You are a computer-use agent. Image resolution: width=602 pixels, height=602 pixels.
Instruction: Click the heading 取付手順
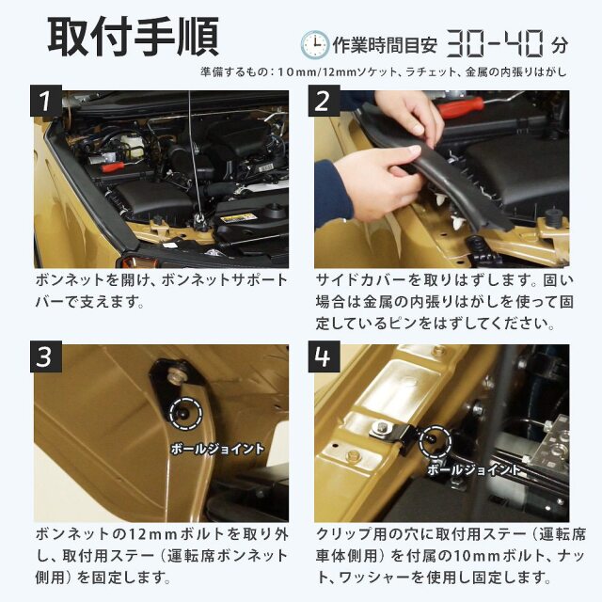click(134, 37)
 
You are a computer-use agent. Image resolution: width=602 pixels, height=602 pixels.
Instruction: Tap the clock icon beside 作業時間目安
click(314, 45)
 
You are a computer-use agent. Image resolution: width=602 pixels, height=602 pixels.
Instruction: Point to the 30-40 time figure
click(496, 44)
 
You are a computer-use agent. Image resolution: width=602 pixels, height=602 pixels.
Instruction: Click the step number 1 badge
click(46, 101)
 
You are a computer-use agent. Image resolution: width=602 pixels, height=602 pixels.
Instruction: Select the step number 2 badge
click(324, 101)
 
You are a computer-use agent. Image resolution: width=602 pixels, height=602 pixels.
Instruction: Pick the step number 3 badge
click(46, 356)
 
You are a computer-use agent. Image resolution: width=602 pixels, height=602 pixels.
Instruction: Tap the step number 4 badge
click(324, 356)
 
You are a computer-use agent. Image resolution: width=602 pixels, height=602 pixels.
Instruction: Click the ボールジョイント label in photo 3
click(217, 449)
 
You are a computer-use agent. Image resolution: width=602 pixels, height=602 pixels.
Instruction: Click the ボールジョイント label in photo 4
click(474, 469)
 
